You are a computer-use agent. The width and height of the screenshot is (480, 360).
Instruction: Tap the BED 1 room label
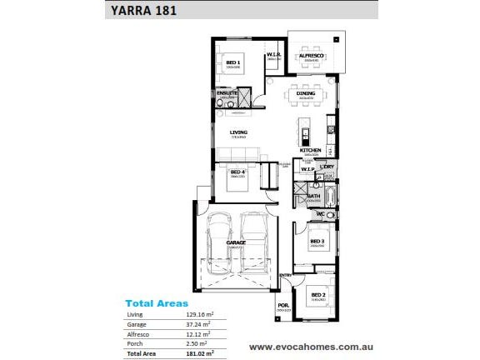click(233, 62)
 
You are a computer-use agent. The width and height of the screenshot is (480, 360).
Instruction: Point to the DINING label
click(306, 94)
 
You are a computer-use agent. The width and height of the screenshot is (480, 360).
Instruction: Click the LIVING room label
click(239, 132)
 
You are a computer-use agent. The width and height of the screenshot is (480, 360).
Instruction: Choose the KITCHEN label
click(311, 151)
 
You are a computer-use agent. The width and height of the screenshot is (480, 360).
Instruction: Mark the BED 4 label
click(237, 172)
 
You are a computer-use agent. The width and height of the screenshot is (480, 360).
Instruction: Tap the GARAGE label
click(236, 242)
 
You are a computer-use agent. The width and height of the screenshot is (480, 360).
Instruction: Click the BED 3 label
click(317, 242)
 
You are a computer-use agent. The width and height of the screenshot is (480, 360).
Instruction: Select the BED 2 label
click(318, 294)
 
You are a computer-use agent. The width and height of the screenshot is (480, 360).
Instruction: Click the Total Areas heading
click(157, 303)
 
